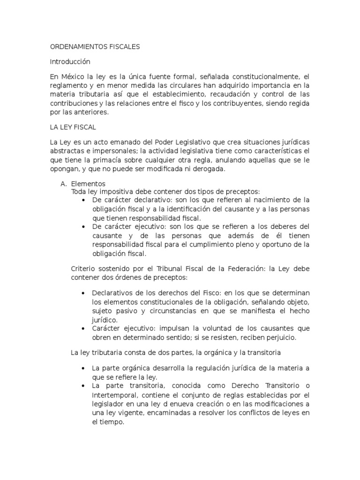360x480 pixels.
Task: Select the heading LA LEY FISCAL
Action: coord(73,127)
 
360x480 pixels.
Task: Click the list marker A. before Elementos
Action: coord(64,184)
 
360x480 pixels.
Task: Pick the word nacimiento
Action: coord(266,200)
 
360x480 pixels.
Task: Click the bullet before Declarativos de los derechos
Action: coord(83,293)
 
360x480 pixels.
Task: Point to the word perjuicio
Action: coord(278,337)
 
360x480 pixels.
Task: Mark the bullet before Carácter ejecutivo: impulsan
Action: coord(83,329)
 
